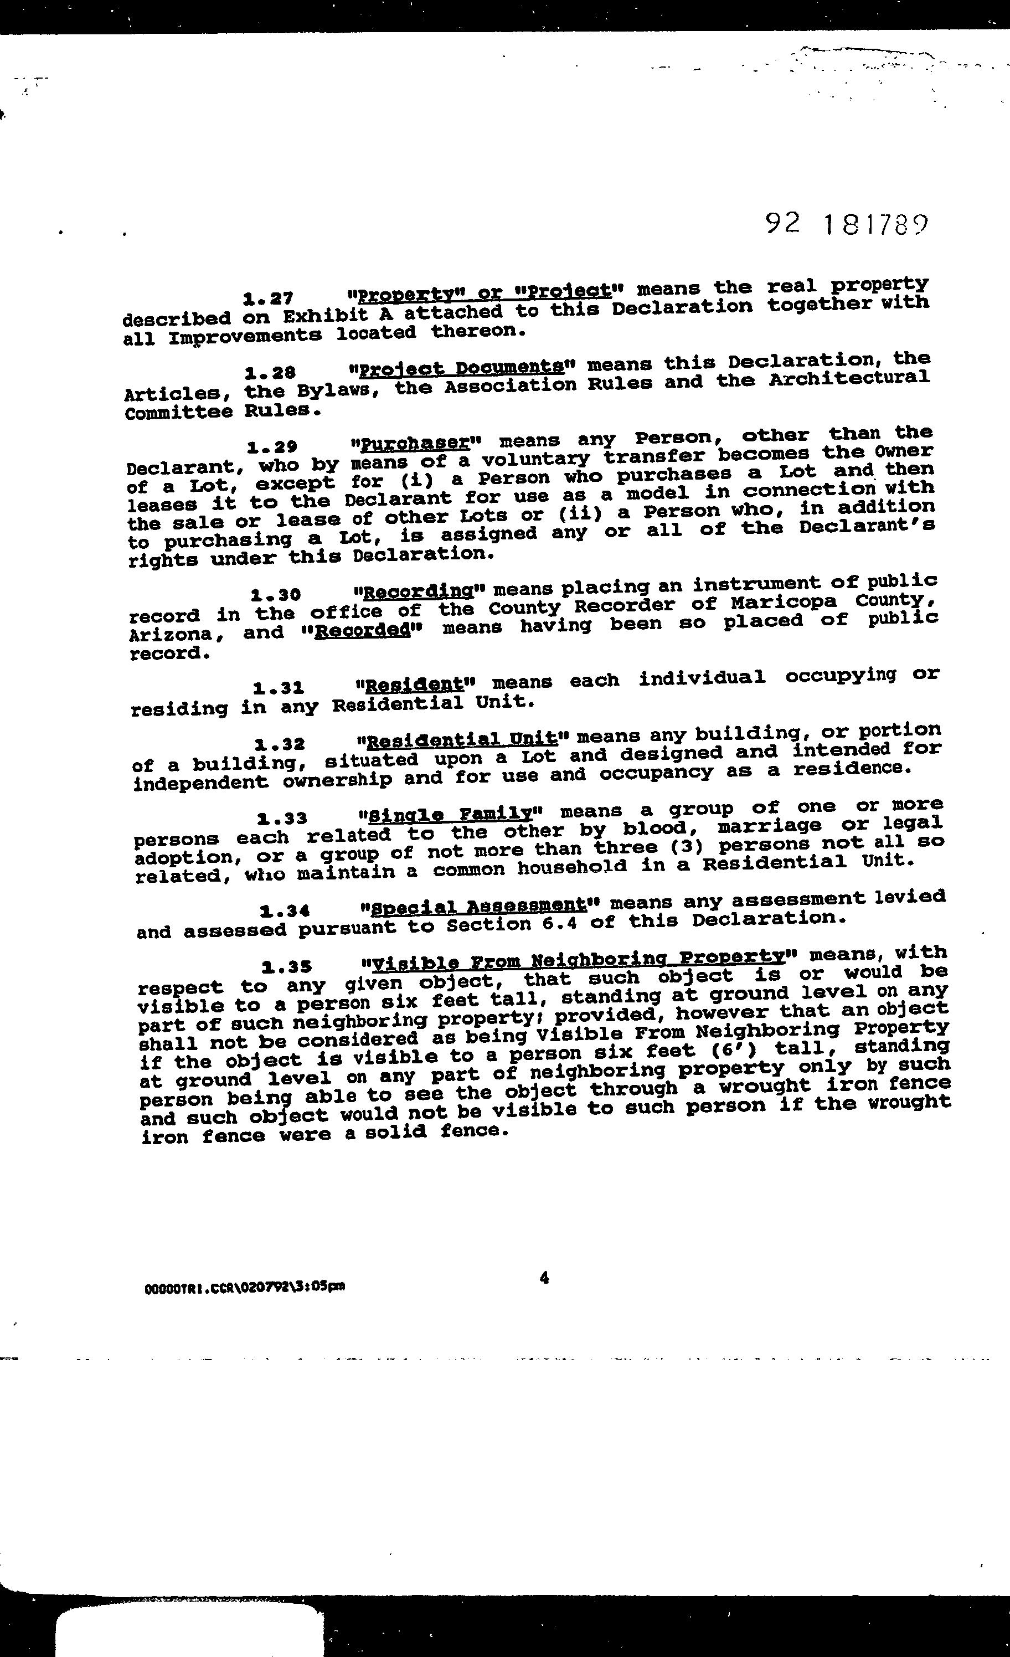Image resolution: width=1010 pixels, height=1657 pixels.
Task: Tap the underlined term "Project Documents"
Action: point(461,368)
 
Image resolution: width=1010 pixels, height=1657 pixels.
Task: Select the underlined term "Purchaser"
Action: point(414,444)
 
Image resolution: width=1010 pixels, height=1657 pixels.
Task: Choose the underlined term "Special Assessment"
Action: point(478,907)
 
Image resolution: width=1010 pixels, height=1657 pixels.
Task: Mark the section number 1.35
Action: point(286,968)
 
